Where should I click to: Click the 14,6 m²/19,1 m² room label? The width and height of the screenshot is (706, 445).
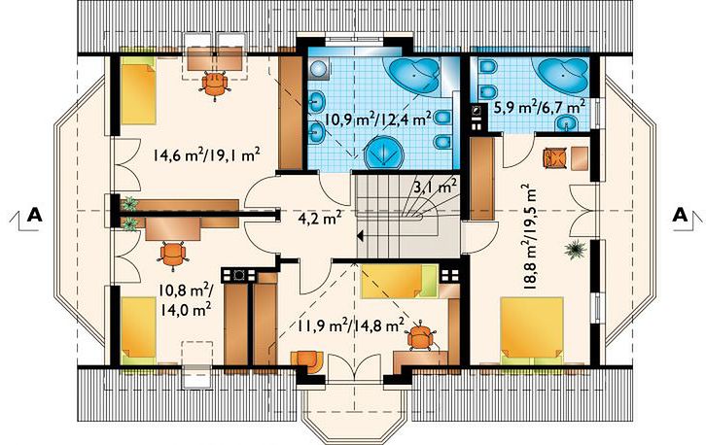click(x=207, y=154)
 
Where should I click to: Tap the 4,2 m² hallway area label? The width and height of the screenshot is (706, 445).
click(x=319, y=219)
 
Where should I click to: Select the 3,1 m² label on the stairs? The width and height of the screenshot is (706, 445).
click(x=436, y=186)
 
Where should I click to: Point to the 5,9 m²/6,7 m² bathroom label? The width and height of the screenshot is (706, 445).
click(x=540, y=107)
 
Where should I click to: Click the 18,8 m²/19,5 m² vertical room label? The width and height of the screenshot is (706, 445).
click(x=531, y=235)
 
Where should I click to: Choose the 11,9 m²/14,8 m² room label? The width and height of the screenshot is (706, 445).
click(x=350, y=325)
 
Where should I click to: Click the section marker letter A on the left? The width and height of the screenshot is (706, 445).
click(x=35, y=215)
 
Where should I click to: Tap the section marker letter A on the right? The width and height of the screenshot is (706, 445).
click(x=681, y=215)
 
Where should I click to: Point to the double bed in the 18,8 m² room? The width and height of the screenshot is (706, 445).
click(x=533, y=330)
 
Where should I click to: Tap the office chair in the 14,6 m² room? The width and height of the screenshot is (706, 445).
click(x=215, y=86)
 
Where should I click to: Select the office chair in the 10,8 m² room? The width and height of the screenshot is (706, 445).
click(x=172, y=256)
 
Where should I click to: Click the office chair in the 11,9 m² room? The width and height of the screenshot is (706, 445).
click(x=421, y=336)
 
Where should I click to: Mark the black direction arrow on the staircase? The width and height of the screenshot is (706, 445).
click(x=361, y=235)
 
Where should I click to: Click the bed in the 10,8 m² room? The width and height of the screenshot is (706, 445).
click(x=139, y=329)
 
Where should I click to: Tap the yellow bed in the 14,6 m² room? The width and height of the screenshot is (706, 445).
click(x=138, y=90)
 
